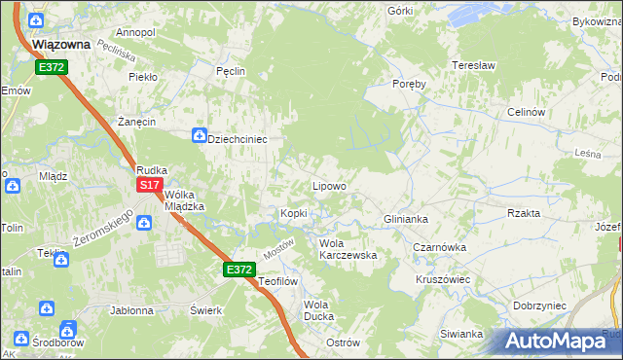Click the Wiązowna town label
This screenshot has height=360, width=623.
click(61, 45)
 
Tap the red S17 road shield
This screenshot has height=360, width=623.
click(149, 185)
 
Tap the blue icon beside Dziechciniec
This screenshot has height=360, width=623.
click(199, 135)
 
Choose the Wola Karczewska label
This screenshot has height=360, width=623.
click(348, 249)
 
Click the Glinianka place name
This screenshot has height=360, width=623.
click(406, 219)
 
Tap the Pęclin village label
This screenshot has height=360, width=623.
click(230, 71)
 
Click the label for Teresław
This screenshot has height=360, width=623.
click(474, 66)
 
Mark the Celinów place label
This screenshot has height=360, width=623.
click(525, 112)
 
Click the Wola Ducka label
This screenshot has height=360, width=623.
click(318, 310)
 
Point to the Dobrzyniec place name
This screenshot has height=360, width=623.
click(538, 305)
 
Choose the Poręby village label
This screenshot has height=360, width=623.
click(409, 84)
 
